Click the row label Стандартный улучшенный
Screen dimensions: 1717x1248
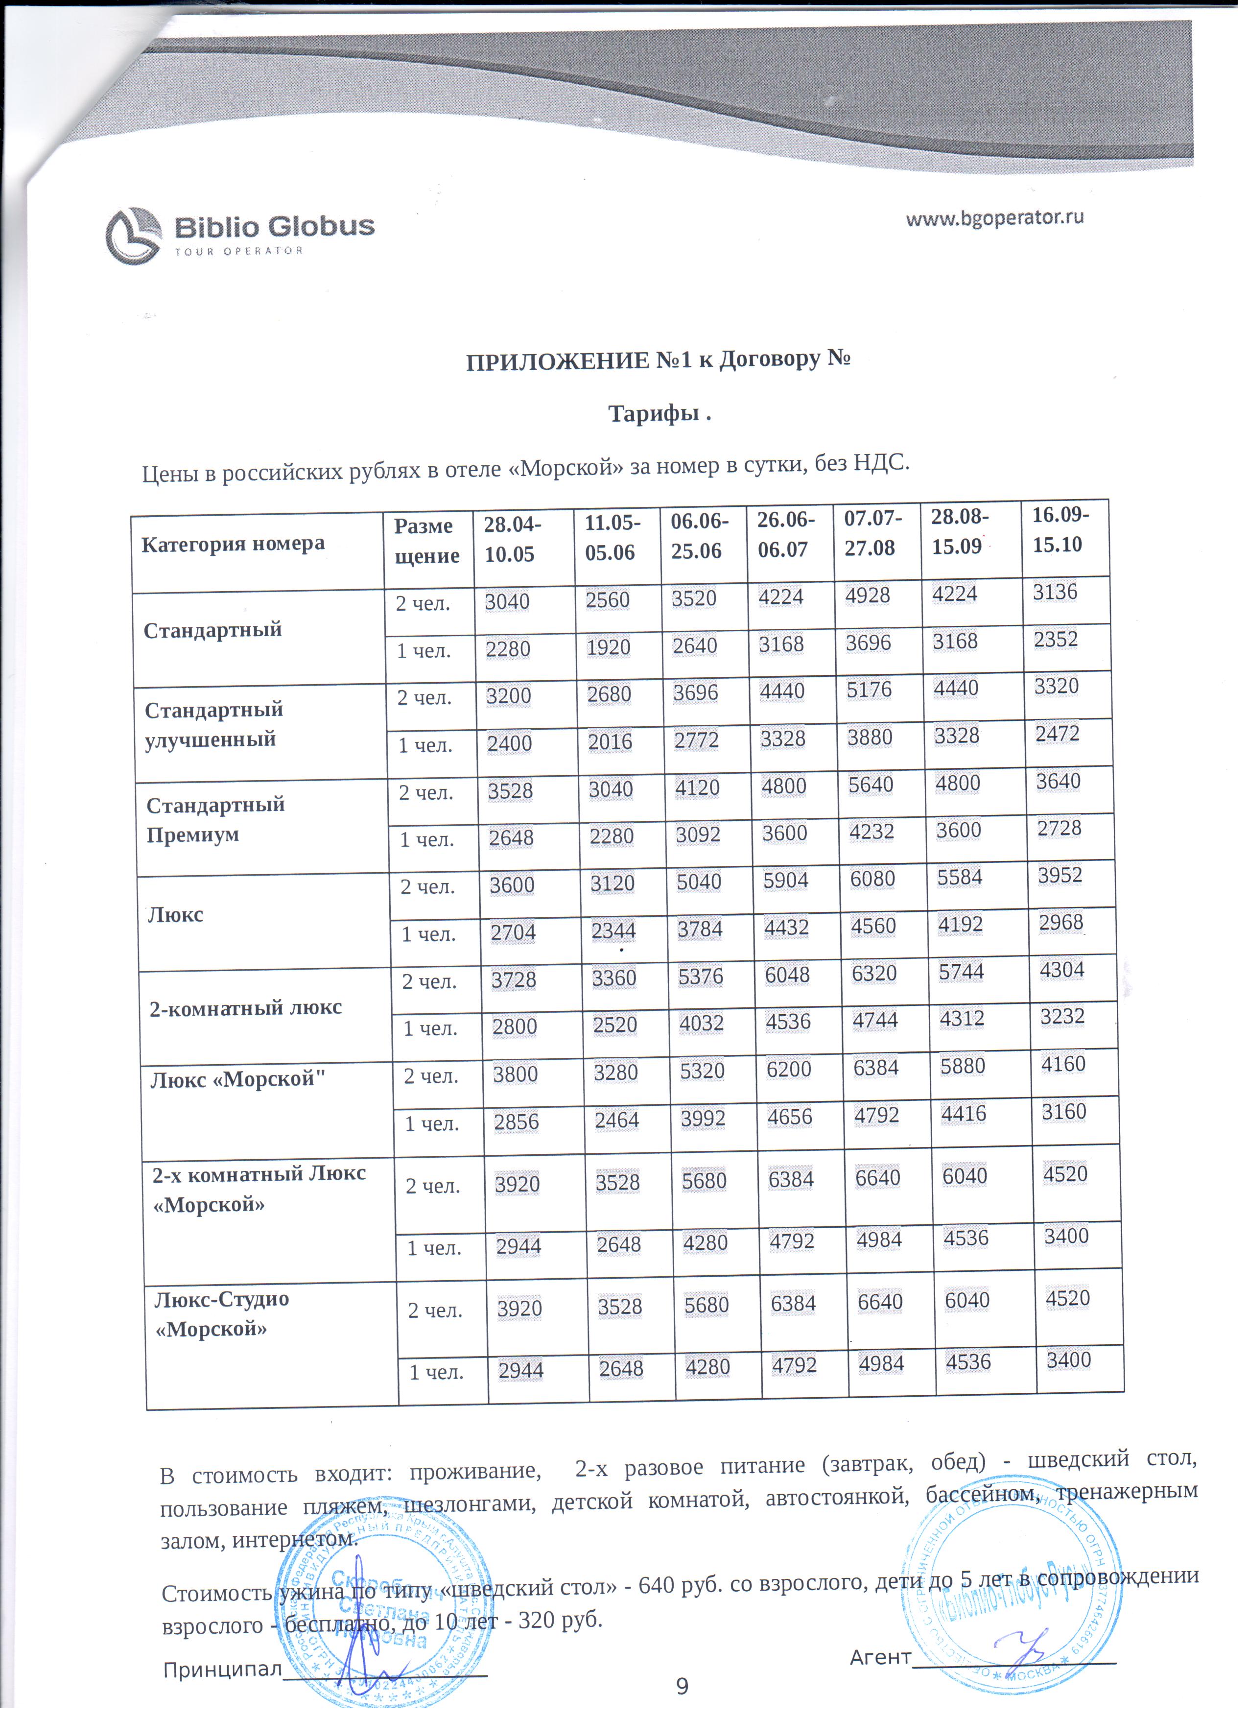[213, 724]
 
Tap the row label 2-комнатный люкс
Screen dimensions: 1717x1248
[245, 1007]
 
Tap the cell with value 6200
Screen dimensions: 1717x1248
[789, 1069]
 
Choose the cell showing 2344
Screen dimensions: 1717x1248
[613, 930]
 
